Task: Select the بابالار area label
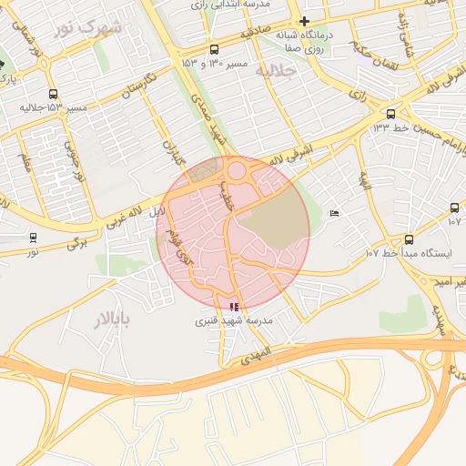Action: (x=113, y=318)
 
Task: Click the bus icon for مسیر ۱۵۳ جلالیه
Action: (x=53, y=93)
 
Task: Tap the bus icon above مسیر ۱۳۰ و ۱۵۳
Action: (x=214, y=49)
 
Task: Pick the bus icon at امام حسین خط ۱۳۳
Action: (x=391, y=114)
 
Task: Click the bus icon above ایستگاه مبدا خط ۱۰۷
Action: (x=409, y=239)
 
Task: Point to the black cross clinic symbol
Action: (x=304, y=21)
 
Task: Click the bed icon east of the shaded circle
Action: (x=334, y=213)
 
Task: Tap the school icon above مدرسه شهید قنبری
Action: (x=235, y=308)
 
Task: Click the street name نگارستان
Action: (x=138, y=89)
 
